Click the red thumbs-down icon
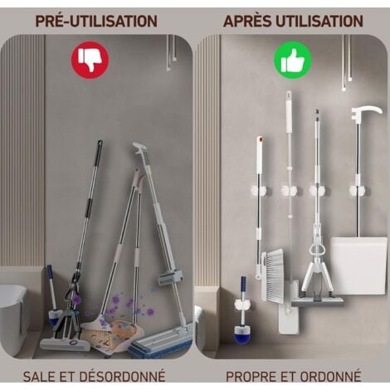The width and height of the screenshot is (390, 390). pos(90,60)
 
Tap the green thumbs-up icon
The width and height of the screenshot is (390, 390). pos(293,60)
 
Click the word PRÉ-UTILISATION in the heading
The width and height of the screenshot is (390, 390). pos(96,21)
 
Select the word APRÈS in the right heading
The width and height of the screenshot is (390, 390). pos(248,21)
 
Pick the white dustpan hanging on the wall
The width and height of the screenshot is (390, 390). pos(358,265)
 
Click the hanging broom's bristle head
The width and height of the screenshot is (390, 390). pos(273,275)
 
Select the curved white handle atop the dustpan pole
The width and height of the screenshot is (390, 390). pos(366,112)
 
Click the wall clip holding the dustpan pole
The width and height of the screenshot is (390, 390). pos(357,191)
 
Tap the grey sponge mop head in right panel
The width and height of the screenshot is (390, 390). pos(317,300)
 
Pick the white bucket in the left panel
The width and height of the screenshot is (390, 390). pos(12,314)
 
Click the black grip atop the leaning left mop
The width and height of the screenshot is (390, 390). pos(98,150)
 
